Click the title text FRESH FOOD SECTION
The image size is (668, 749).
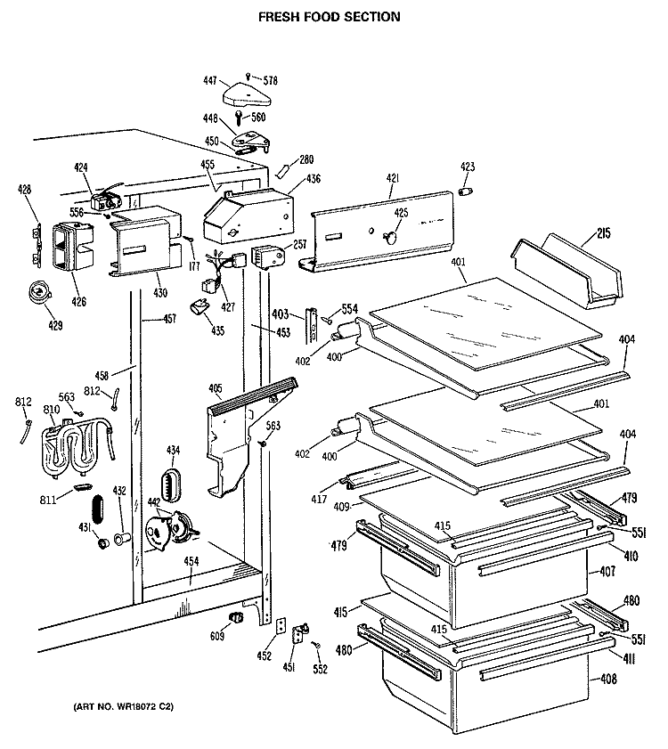(330, 16)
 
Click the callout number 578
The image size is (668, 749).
(270, 80)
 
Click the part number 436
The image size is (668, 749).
(314, 180)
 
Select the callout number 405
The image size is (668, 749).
(216, 388)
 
